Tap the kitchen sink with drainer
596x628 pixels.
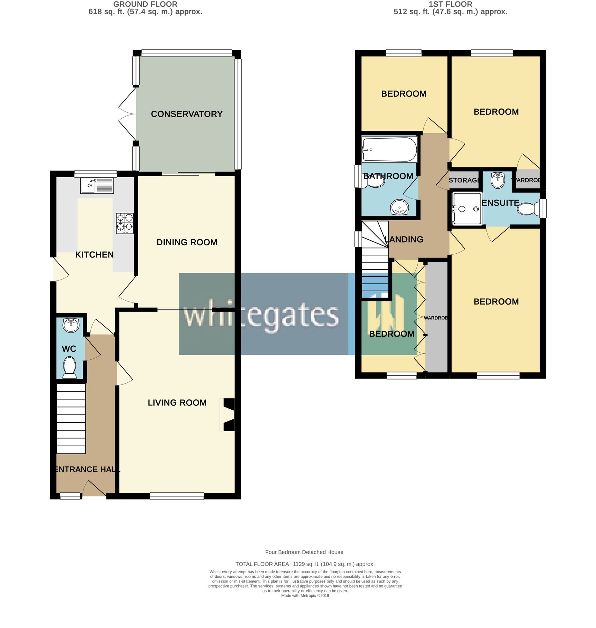pos(97,186)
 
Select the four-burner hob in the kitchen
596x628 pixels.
pos(125,223)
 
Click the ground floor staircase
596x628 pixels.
pos(71,418)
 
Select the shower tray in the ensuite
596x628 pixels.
pos(467,209)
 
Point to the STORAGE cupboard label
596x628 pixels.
pos(464,180)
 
